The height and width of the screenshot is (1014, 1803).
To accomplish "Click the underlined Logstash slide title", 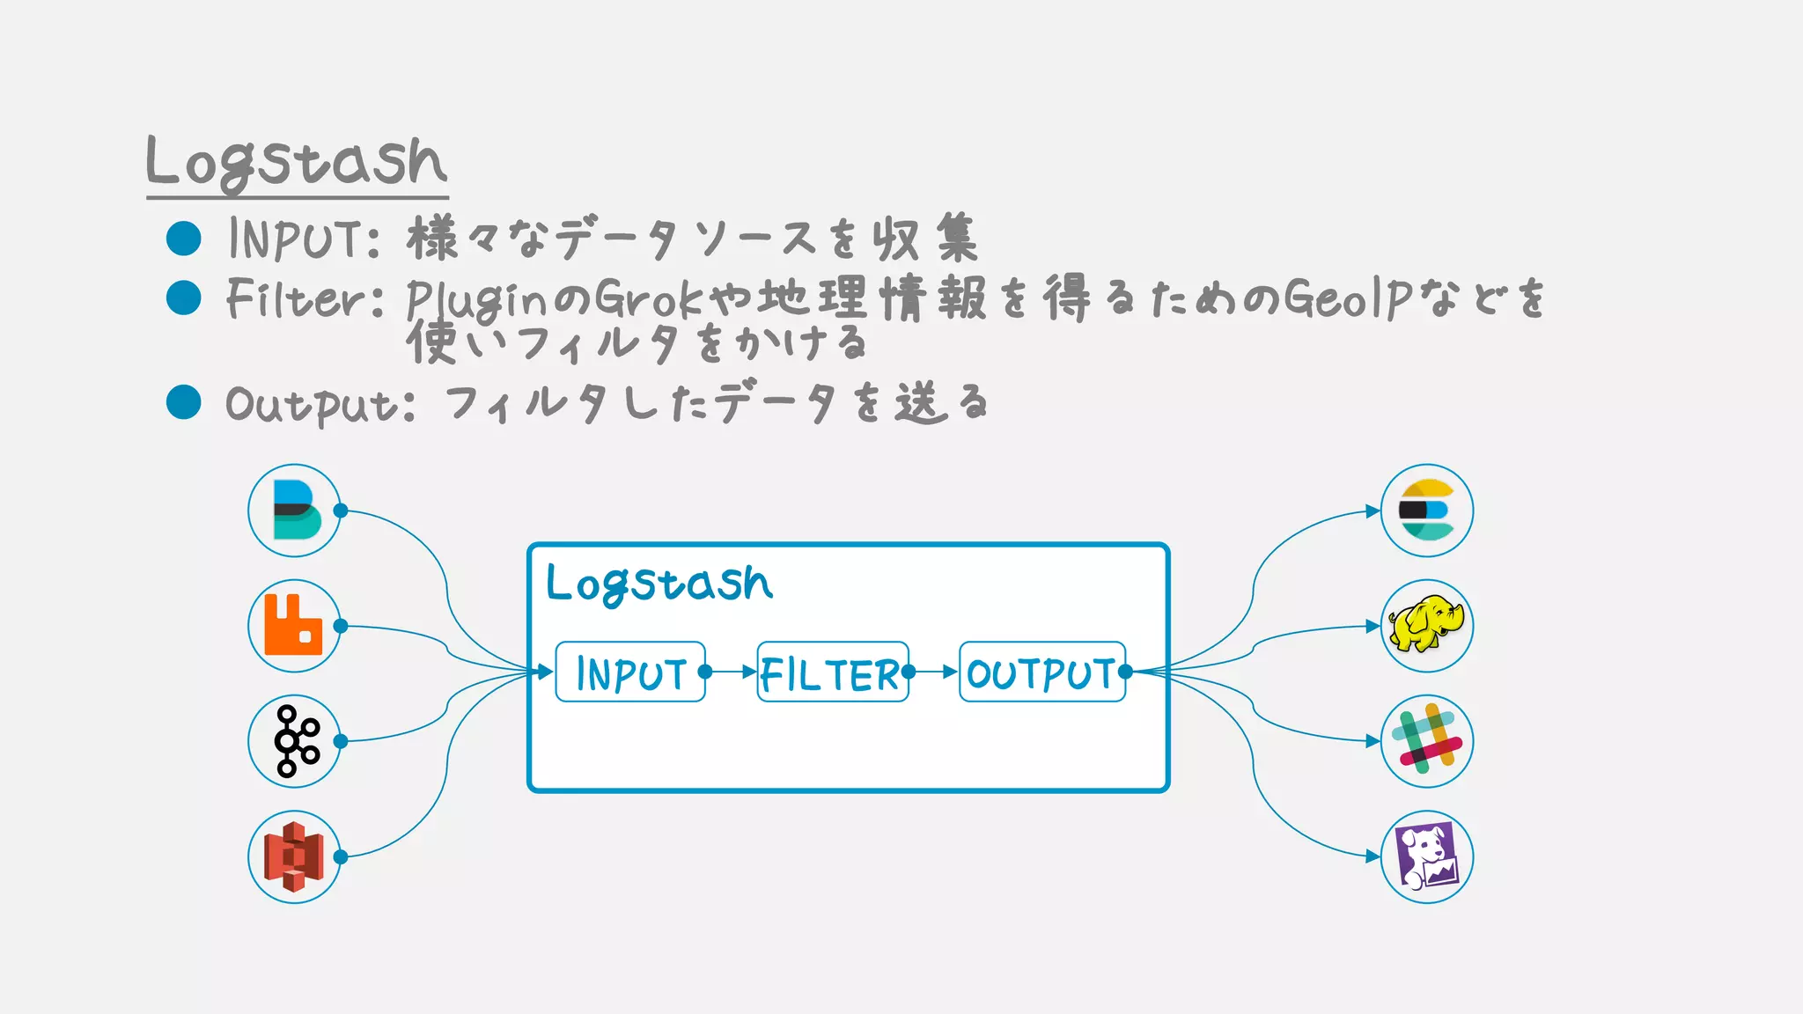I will coord(297,164).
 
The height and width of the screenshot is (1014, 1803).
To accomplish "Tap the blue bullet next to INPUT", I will coord(184,238).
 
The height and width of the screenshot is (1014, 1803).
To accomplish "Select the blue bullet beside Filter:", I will coord(184,298).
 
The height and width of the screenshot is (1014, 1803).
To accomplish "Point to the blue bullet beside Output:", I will coord(184,402).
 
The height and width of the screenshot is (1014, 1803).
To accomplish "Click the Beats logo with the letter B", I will coord(295,511).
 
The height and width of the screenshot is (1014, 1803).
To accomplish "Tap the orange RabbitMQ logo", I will coord(294,626).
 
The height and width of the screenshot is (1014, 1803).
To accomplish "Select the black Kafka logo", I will coord(296,741).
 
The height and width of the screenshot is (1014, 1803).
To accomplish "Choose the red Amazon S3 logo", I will coord(295,856).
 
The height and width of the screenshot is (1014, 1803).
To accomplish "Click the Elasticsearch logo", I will coord(1426,511).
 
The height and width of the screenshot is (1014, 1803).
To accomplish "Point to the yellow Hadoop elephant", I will coord(1426,625).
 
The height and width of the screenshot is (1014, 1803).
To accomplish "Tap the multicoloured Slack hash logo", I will coord(1426,741).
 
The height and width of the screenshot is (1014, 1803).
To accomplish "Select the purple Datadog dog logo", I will coord(1426,856).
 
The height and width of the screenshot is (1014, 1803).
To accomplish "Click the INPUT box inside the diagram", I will coord(630,672).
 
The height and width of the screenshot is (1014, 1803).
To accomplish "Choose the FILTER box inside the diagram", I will coord(832,672).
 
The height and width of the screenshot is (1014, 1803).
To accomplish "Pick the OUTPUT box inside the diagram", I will coord(1041,672).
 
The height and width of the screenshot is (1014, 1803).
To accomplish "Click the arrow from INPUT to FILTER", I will coord(732,672).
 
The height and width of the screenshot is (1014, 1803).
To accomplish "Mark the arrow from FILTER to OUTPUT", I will coord(936,672).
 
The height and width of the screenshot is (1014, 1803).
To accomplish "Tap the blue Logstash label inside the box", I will coord(659,584).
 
